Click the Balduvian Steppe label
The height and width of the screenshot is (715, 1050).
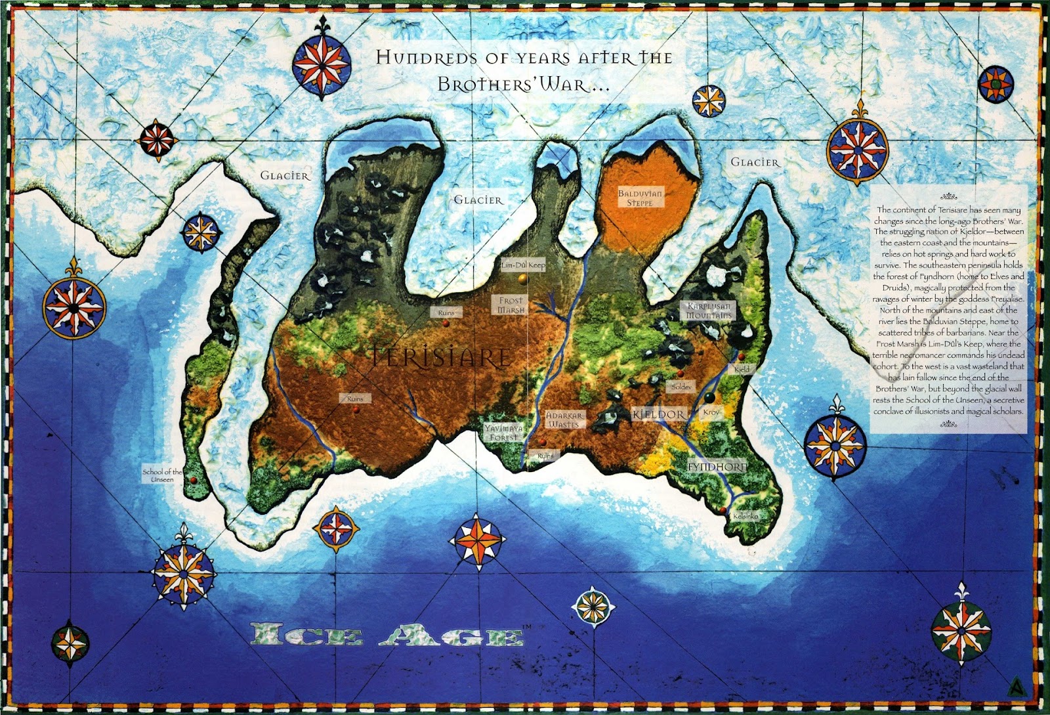tap(640, 198)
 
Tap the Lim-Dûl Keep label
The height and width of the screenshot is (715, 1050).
tap(523, 265)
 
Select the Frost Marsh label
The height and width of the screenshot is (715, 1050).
tap(511, 305)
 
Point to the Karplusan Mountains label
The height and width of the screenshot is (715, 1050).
tap(709, 311)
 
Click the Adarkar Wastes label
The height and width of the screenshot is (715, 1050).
tap(564, 420)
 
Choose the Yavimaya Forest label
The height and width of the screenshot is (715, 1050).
tap(504, 432)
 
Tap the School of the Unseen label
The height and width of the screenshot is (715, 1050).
tap(162, 475)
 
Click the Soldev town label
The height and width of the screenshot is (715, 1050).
tap(682, 387)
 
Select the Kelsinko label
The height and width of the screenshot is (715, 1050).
tap(745, 516)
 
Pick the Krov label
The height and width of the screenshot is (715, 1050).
tap(711, 412)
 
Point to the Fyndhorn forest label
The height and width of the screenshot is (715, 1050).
tap(717, 466)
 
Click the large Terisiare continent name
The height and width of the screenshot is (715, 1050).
tap(440, 357)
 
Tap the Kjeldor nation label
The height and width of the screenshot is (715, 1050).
tap(659, 414)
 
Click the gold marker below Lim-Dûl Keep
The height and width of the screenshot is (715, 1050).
tap(522, 279)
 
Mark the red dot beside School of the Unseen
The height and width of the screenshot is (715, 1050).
tap(193, 480)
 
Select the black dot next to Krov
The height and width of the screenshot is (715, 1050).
tap(709, 397)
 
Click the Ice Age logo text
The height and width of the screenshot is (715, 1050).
tap(387, 636)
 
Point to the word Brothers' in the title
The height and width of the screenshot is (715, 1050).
tap(488, 85)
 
